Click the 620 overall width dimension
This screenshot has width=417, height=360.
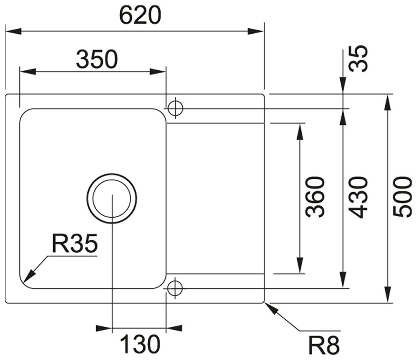[140, 16]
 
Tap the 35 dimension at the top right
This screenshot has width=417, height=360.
[360, 58]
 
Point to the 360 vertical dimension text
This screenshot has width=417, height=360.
[315, 197]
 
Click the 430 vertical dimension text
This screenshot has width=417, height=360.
[358, 197]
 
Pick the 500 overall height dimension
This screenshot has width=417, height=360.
[403, 197]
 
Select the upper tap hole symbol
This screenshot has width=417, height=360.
[175, 108]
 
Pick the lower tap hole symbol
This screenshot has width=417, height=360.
[175, 287]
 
